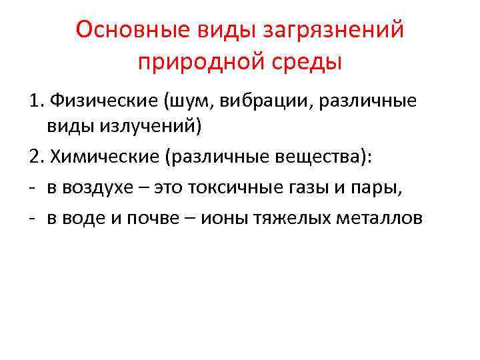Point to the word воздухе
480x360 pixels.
101,187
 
